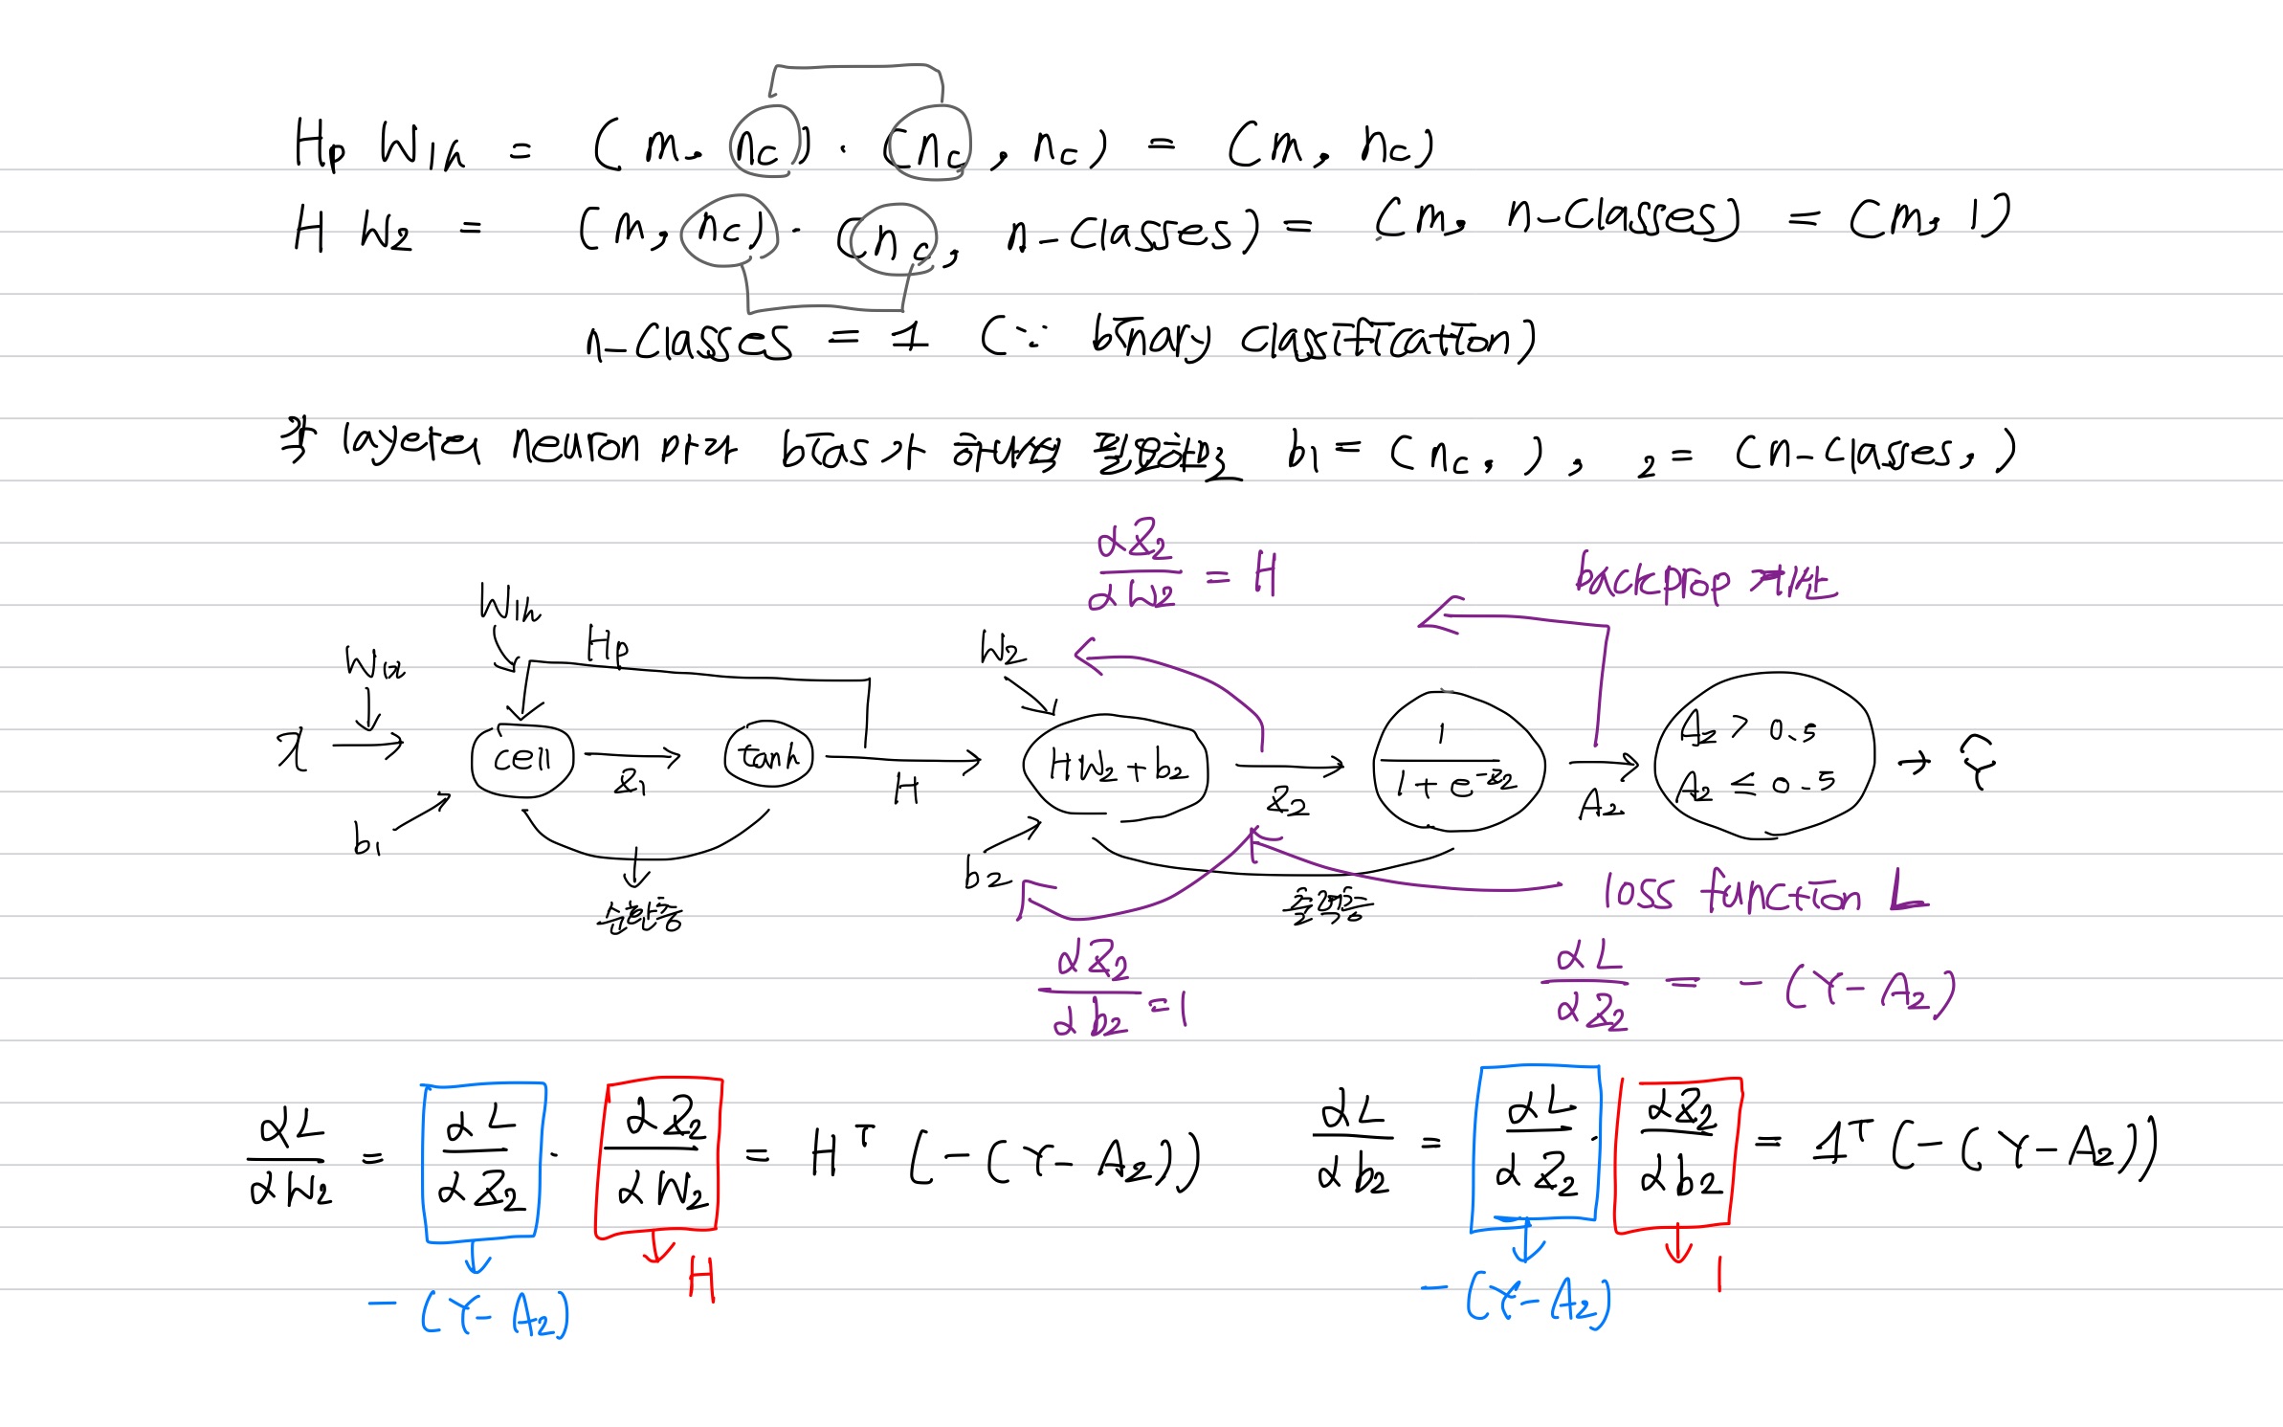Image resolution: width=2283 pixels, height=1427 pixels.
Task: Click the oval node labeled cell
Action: coord(522,760)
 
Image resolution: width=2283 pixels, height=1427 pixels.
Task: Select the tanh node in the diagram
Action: coord(769,757)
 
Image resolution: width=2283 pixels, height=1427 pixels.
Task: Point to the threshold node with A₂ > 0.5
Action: coord(1762,756)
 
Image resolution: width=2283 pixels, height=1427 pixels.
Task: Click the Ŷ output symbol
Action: coord(1977,762)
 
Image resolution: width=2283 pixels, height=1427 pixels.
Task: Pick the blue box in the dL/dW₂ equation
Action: coord(482,1161)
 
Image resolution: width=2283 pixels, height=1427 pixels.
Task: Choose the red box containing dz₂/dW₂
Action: coord(659,1157)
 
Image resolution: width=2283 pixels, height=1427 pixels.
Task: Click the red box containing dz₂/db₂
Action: coord(1677,1152)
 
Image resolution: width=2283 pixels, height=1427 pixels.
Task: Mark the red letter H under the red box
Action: coord(701,1280)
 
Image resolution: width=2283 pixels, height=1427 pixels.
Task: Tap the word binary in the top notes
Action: coord(1151,339)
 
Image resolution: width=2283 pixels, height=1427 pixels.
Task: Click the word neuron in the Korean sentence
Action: coord(575,445)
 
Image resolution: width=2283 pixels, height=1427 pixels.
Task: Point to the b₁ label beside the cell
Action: coord(366,839)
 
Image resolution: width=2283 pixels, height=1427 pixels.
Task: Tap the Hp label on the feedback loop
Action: coord(607,645)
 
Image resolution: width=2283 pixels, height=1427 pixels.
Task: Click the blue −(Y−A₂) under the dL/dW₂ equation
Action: coord(469,1313)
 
